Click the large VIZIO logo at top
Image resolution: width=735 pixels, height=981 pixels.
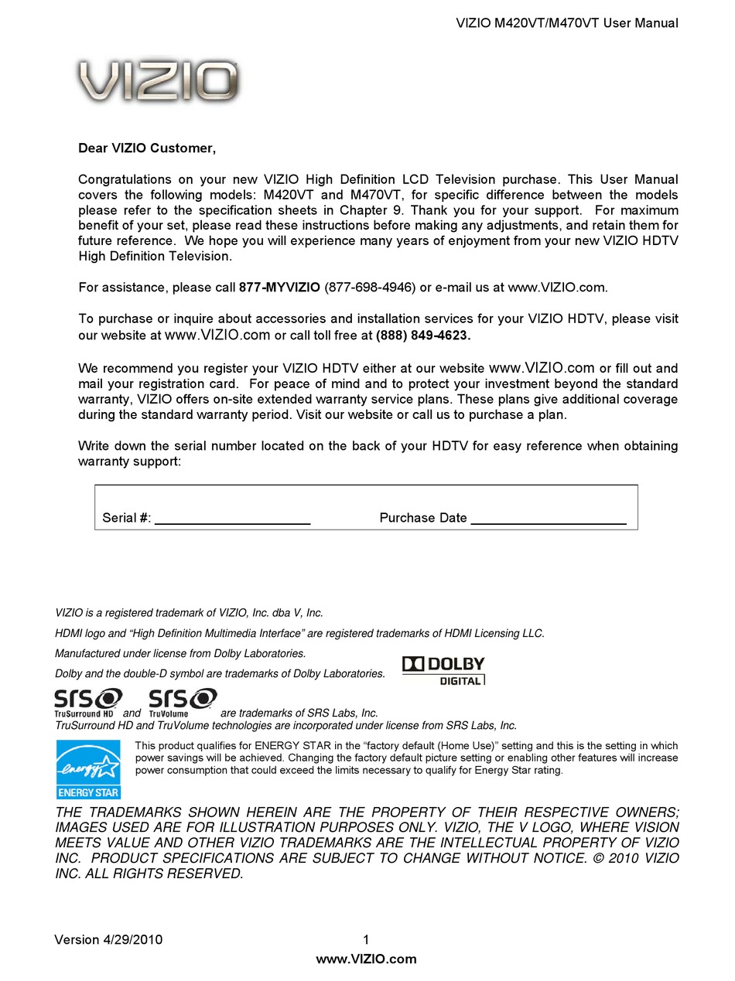(158, 82)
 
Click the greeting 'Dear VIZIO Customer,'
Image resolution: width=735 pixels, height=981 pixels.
(147, 148)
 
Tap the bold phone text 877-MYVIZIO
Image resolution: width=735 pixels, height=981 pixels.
(279, 288)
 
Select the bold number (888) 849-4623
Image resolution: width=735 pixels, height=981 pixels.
(423, 336)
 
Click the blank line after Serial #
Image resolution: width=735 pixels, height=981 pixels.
(232, 519)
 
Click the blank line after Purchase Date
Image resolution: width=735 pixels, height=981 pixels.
(548, 519)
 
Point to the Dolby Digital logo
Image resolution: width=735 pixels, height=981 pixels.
(444, 670)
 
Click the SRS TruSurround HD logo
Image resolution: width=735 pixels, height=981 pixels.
(87, 701)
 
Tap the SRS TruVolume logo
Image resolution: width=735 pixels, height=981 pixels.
(182, 701)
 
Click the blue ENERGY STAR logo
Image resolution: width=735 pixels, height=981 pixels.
(88, 768)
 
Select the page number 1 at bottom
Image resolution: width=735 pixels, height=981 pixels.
(366, 940)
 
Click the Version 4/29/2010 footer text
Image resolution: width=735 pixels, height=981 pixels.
(108, 940)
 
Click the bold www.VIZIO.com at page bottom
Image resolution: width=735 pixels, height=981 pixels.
(367, 959)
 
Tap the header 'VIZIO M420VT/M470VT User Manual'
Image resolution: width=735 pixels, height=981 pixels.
(567, 23)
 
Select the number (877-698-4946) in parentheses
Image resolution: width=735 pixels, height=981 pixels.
(369, 288)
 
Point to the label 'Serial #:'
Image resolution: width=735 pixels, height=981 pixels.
(127, 518)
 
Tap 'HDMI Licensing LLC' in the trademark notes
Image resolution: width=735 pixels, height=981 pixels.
(494, 633)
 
